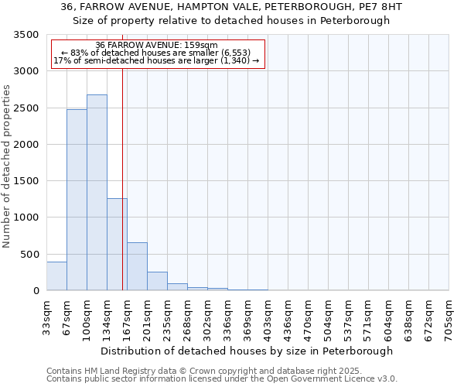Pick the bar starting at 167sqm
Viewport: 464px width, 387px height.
click(137, 266)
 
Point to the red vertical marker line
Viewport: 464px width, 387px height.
click(122, 178)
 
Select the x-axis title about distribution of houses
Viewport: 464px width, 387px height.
click(247, 351)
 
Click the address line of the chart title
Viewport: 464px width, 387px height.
click(231, 7)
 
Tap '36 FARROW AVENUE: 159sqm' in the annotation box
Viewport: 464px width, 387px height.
click(157, 46)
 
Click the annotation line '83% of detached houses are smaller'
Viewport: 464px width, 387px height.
click(157, 53)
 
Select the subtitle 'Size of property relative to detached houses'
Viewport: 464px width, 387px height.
click(231, 21)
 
